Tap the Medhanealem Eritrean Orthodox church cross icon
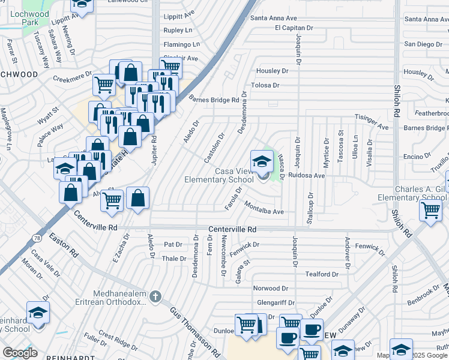(x=155, y=296)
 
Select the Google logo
(x=20, y=353)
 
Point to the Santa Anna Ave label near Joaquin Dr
(x=274, y=19)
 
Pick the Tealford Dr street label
(x=322, y=274)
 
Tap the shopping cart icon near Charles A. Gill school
(x=430, y=211)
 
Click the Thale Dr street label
(x=175, y=259)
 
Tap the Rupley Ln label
(x=178, y=30)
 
